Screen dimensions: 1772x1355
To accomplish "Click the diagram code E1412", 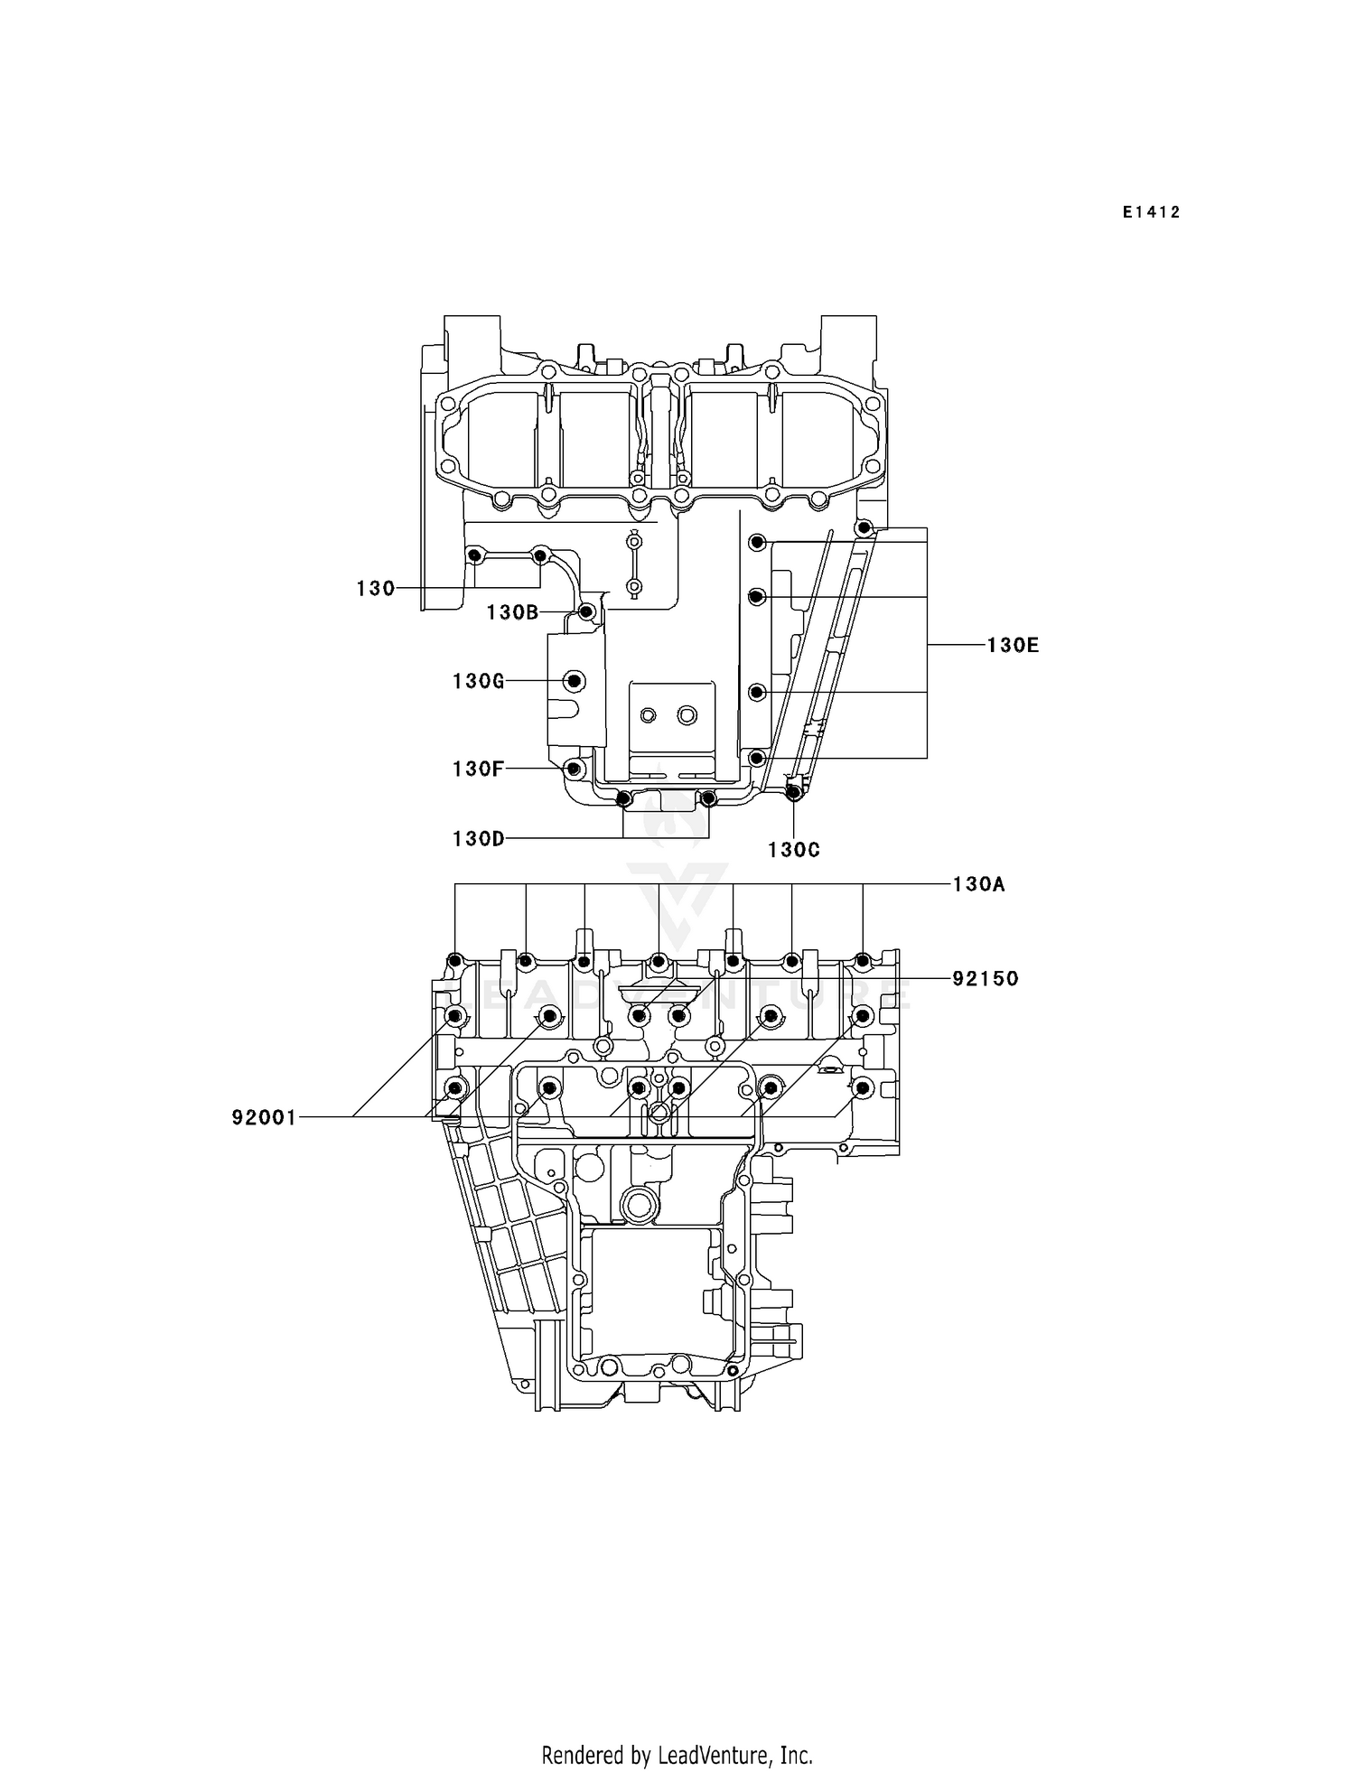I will (x=1152, y=212).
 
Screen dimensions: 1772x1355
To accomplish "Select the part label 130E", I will (x=1012, y=645).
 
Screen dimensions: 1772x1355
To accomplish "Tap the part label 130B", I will (x=512, y=612).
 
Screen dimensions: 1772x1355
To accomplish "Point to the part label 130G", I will (x=478, y=681).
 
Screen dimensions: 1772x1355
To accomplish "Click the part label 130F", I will (x=478, y=769).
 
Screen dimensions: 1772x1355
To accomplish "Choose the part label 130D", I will (x=478, y=839).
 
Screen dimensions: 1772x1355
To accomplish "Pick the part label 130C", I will (x=793, y=850).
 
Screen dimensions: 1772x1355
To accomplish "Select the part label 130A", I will (x=978, y=884).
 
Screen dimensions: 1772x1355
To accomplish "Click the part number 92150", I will (x=985, y=978).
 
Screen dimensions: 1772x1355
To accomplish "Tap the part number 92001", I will (x=264, y=1118).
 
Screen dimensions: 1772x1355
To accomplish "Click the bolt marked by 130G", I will (x=575, y=681).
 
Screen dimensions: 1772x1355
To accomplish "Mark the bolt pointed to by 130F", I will (x=573, y=769).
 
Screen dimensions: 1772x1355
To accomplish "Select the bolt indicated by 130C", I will (x=793, y=793).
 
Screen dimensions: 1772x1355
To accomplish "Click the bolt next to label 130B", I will (x=587, y=612).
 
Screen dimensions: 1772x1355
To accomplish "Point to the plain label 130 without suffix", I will (x=376, y=589).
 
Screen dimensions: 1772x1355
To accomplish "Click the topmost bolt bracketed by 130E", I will (x=864, y=527).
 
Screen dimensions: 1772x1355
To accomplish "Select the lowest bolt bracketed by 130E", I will (x=758, y=757).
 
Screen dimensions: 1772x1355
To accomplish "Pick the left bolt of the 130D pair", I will (x=622, y=798).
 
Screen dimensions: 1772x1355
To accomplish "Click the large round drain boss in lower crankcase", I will (x=639, y=1204).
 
